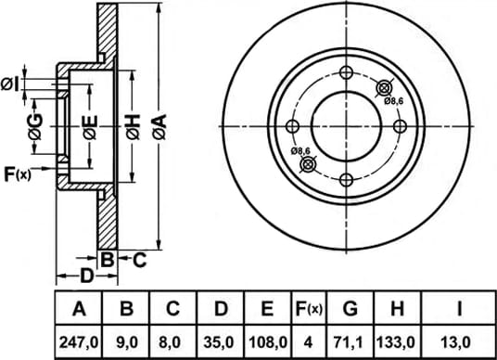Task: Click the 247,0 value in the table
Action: click(79, 342)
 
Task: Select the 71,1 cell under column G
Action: click(350, 342)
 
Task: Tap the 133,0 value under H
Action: click(395, 342)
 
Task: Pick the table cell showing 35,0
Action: click(219, 342)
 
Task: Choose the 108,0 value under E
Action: click(268, 342)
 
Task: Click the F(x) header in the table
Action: click(309, 309)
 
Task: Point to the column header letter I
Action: click(459, 309)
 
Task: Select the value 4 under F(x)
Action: click(308, 342)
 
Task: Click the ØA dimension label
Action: click(159, 127)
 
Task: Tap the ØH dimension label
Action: click(133, 127)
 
